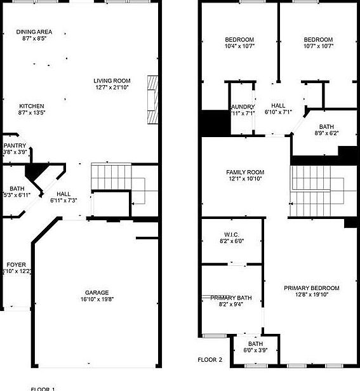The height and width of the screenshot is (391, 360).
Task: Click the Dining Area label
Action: (34, 32)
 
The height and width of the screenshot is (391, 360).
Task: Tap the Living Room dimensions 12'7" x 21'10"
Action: (112, 88)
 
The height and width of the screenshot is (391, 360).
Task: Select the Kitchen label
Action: (32, 106)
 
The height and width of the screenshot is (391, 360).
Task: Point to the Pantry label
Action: (15, 145)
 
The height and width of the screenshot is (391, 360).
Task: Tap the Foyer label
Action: (16, 264)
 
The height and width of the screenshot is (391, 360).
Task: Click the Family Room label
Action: (245, 173)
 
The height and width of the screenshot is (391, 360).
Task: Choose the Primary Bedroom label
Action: (311, 288)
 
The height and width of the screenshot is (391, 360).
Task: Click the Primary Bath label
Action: (231, 298)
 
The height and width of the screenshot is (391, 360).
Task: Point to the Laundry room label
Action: (242, 107)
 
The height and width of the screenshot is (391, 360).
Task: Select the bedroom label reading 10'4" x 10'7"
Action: (239, 39)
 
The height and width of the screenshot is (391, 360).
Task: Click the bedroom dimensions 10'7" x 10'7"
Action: (319, 46)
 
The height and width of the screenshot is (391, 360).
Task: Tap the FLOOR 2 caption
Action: (210, 360)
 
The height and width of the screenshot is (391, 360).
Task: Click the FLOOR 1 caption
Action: (43, 388)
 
